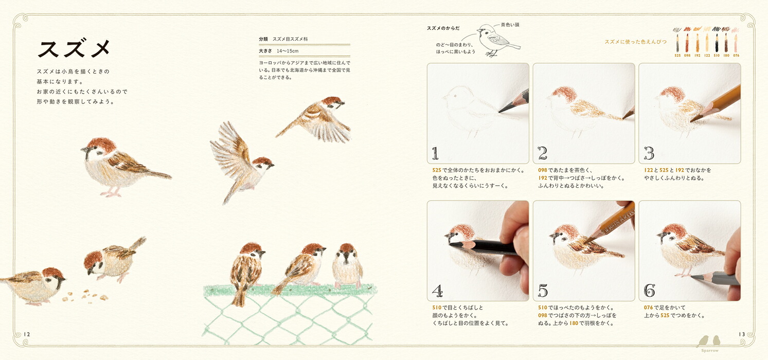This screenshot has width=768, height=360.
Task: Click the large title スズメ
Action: tap(74, 48)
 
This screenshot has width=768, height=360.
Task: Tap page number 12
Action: tap(27, 334)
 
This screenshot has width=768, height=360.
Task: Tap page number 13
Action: tap(742, 334)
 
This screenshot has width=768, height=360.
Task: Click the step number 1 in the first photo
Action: tap(435, 153)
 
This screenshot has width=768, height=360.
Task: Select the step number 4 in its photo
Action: tap(437, 291)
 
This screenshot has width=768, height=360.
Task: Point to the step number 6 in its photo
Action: tap(649, 291)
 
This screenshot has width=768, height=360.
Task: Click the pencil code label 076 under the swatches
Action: tap(736, 55)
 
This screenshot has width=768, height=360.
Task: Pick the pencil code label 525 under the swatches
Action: tap(677, 55)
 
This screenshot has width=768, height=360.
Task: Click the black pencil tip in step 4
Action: tap(452, 244)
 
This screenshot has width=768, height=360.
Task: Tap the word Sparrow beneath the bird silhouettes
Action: tap(710, 350)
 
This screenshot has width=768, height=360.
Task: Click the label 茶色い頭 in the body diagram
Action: tap(510, 25)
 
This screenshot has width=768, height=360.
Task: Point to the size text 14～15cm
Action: tap(288, 51)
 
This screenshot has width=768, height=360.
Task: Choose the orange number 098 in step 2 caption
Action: tap(542, 170)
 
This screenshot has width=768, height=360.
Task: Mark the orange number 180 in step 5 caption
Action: tap(574, 323)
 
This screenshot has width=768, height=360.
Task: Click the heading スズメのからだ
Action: tap(443, 28)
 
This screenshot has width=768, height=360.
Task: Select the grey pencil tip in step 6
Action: tap(694, 276)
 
